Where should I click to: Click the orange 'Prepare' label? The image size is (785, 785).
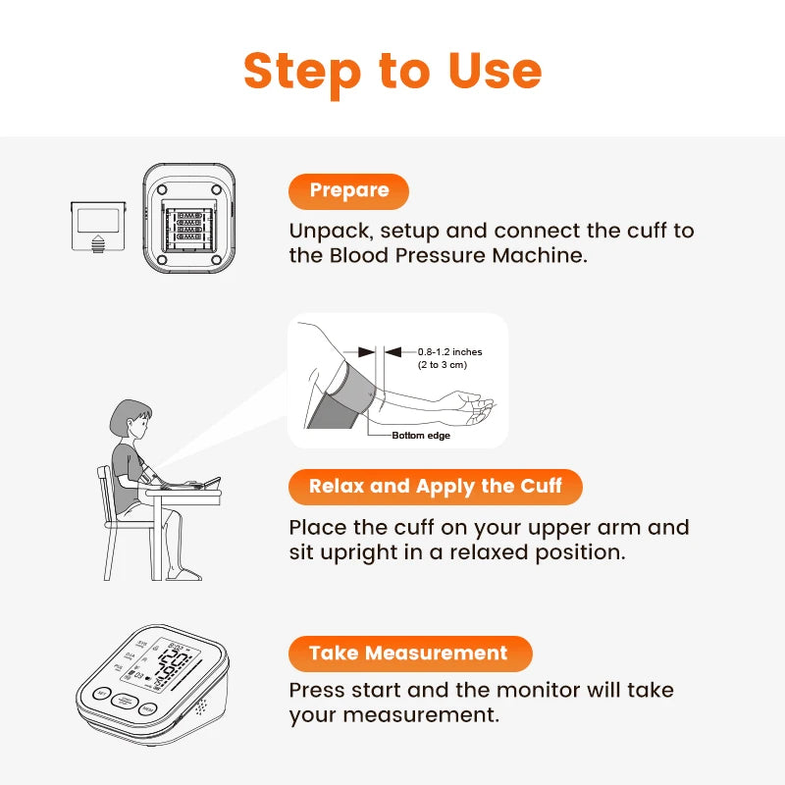tap(348, 190)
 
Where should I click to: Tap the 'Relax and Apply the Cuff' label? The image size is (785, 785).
tap(435, 487)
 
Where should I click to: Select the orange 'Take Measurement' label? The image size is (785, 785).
tap(409, 654)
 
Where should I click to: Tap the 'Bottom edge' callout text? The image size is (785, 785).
tap(421, 436)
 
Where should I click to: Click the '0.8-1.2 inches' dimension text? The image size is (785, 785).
tap(449, 351)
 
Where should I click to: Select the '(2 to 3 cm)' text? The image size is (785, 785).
tap(443, 365)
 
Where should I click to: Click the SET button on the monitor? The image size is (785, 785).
tap(101, 695)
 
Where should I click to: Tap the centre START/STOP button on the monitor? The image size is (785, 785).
tap(125, 703)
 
